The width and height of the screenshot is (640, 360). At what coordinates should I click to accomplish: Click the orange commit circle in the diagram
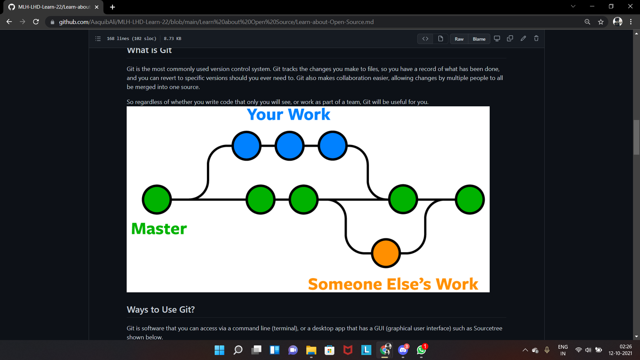coord(386,253)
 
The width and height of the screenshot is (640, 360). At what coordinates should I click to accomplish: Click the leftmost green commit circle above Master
coord(157,199)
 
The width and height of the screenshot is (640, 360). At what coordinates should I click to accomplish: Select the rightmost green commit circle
coord(470,199)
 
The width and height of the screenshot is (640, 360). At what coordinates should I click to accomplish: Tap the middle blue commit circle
coord(289,146)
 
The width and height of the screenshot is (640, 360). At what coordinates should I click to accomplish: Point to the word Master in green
coord(159,229)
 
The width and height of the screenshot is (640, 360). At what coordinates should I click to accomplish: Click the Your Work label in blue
coord(288,114)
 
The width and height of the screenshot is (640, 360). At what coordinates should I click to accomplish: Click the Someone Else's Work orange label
coord(393,284)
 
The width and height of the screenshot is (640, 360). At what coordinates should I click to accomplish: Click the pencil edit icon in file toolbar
coord(523,39)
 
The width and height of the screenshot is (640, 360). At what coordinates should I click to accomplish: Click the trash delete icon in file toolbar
coord(536,39)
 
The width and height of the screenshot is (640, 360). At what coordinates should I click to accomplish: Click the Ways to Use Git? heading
coord(161,310)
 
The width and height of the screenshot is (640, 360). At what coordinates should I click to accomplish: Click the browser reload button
coord(36,22)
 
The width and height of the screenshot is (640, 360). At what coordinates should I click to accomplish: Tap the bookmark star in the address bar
coord(601,22)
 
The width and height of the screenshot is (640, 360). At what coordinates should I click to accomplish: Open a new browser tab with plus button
coord(112,7)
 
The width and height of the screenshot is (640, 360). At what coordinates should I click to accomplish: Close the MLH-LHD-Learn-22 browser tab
coord(97,7)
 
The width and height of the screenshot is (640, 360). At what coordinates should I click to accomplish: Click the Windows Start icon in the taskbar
coord(219,350)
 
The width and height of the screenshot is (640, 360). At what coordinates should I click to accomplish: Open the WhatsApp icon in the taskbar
coord(421,350)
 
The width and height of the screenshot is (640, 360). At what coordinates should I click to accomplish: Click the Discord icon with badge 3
coord(403,350)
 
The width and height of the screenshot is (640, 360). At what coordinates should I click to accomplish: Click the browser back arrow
coord(9,22)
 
